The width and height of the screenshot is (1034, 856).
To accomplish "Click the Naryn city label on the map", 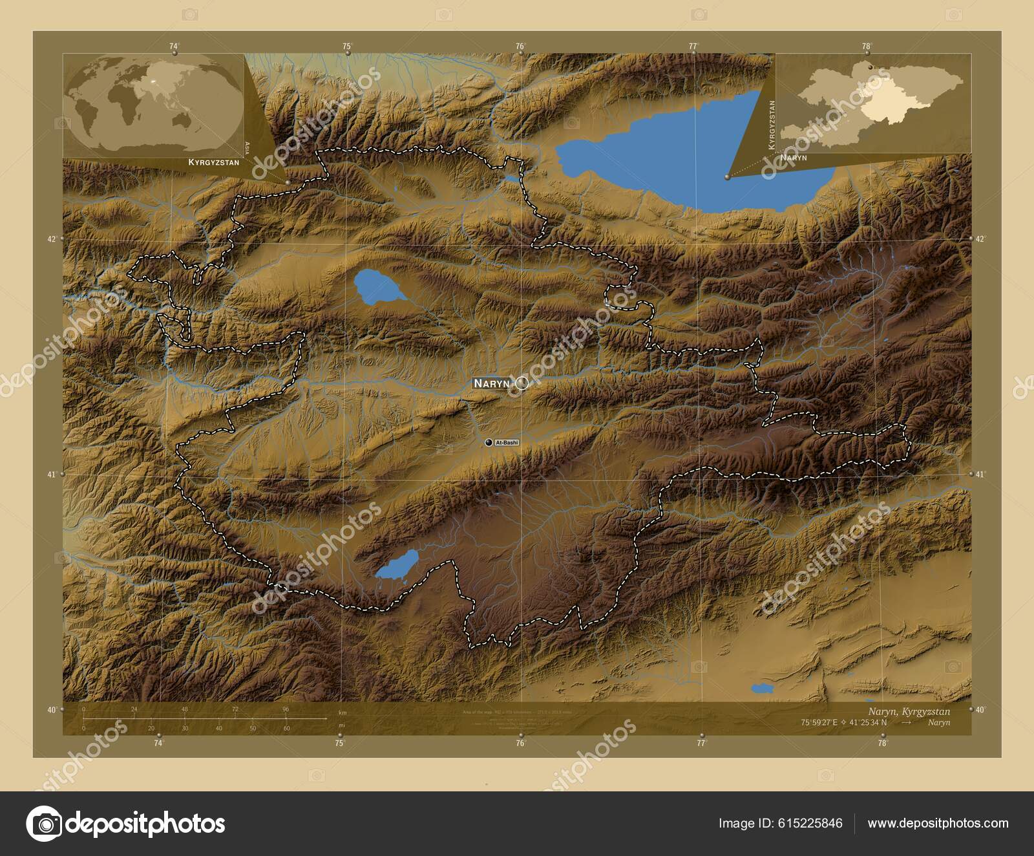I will pyautogui.click(x=492, y=383).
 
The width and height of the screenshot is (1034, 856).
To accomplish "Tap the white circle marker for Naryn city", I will pyautogui.click(x=522, y=383).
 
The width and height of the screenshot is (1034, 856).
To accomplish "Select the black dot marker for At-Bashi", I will pyautogui.click(x=489, y=442).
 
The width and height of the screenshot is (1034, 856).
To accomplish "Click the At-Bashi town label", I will pyautogui.click(x=507, y=443).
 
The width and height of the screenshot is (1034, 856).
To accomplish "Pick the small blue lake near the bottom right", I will pyautogui.click(x=762, y=689).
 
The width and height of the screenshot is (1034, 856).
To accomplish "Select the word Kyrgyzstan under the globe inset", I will pyautogui.click(x=213, y=162).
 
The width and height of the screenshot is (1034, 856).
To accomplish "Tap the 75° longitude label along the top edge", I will pyautogui.click(x=347, y=46).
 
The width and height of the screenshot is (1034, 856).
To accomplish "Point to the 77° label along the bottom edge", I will pyautogui.click(x=702, y=744).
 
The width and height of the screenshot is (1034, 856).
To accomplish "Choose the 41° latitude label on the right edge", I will pyautogui.click(x=980, y=475).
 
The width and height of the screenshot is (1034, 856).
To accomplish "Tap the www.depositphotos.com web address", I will pyautogui.click(x=938, y=824).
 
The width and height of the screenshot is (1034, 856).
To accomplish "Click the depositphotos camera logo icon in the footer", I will pyautogui.click(x=44, y=824).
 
